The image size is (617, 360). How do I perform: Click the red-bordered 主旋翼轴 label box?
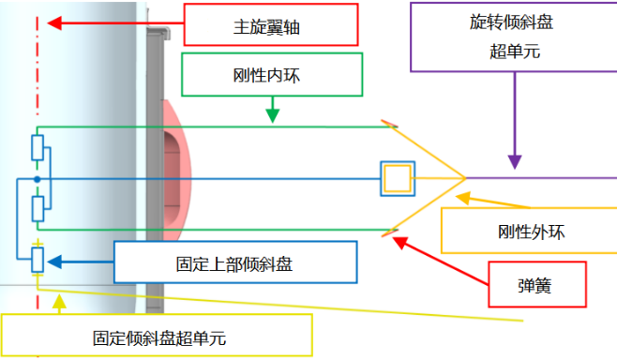pyautogui.click(x=270, y=24)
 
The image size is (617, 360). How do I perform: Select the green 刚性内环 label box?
pyautogui.click(x=272, y=74)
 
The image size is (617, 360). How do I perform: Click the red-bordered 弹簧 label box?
pyautogui.click(x=537, y=284)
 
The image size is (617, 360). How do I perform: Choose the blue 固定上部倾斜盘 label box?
pyautogui.click(x=235, y=262)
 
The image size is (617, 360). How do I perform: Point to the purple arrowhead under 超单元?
pyautogui.click(x=513, y=161)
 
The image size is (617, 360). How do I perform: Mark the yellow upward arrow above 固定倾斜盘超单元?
pyautogui.click(x=59, y=301)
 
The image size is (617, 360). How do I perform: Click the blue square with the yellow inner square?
pyautogui.click(x=396, y=178)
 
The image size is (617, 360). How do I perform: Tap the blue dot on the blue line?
pyautogui.click(x=37, y=178)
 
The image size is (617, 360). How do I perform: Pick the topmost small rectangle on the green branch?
pyautogui.click(x=38, y=147)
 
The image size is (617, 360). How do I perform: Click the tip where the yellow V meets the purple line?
pyautogui.click(x=466, y=177)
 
